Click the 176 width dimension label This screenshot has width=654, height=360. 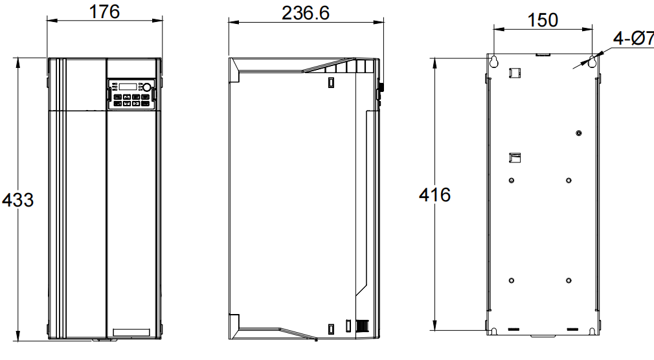(x=105, y=11)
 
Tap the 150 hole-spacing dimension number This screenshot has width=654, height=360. (x=543, y=20)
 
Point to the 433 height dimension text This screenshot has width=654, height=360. (x=18, y=200)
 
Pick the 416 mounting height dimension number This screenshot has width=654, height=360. (x=434, y=195)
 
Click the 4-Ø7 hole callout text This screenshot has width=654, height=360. (x=633, y=38)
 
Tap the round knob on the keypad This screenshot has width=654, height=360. (x=147, y=87)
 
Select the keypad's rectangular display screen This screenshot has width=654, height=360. (x=129, y=87)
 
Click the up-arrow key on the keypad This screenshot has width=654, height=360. (x=127, y=97)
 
